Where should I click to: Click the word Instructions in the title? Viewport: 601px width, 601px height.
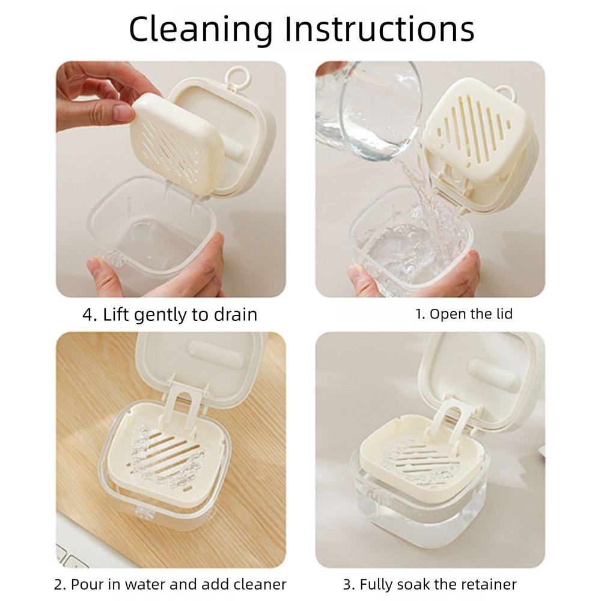[x=379, y=29]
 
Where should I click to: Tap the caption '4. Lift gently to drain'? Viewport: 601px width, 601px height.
[x=169, y=314]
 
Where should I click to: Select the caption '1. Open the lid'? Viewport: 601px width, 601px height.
[x=464, y=314]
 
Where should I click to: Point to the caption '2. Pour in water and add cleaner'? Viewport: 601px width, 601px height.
[x=170, y=584]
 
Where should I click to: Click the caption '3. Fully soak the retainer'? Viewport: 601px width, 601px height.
[x=430, y=584]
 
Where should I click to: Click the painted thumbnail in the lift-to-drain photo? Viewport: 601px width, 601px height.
[x=122, y=112]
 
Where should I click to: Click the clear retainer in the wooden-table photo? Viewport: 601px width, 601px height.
[x=165, y=460]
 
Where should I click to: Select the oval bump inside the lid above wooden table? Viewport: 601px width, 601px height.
[x=216, y=355]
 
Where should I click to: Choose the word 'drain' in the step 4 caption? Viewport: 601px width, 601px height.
[x=236, y=314]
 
